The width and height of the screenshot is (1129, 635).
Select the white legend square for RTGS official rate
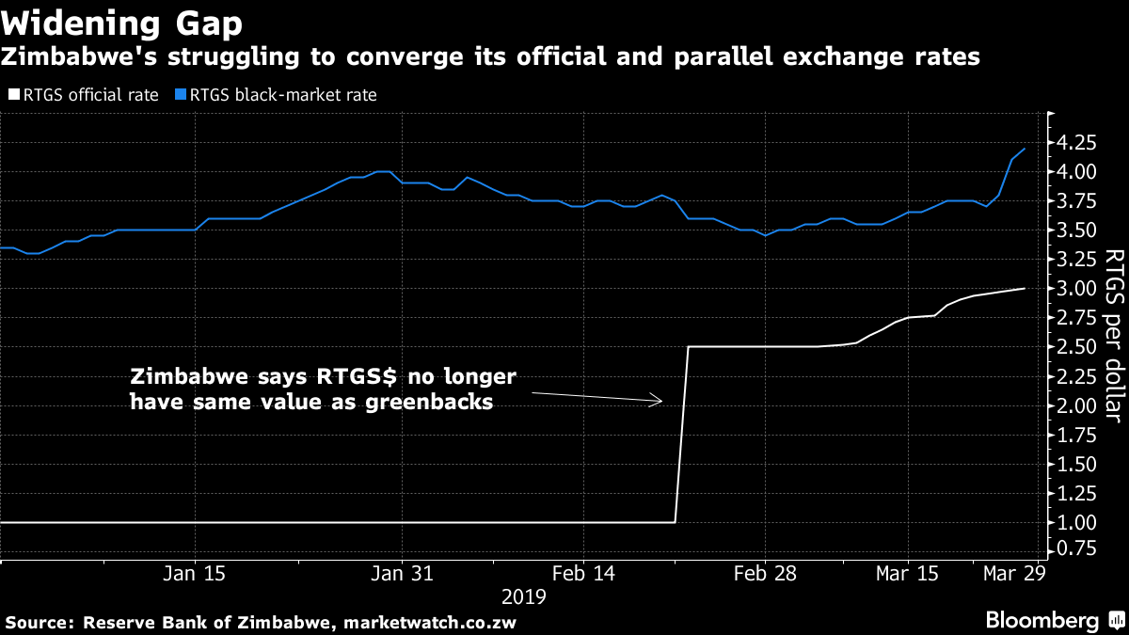click(12, 95)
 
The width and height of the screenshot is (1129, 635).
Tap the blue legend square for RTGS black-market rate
click(181, 95)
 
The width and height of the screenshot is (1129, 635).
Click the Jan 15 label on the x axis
click(194, 574)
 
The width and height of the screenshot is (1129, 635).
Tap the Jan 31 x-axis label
click(402, 574)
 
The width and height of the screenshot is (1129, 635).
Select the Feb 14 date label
click(582, 574)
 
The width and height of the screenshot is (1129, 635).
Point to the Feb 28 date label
click(765, 574)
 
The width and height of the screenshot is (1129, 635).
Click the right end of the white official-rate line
click(1024, 288)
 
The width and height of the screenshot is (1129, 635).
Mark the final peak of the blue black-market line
click(1024, 149)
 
